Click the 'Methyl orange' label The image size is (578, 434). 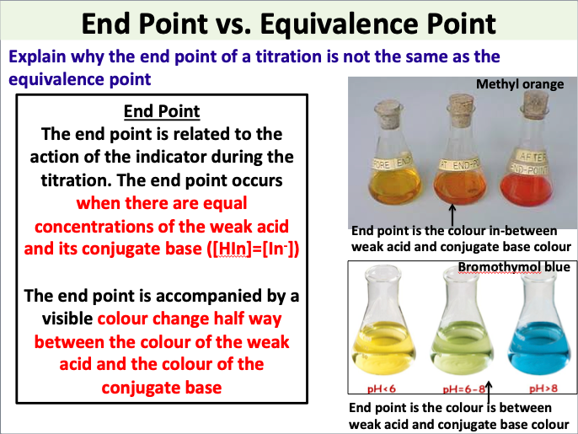click(x=520, y=84)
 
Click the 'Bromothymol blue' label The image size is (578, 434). click(x=513, y=267)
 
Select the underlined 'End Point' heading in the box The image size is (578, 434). click(x=161, y=111)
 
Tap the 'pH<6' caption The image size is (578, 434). click(x=386, y=389)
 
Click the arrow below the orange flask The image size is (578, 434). click(x=453, y=212)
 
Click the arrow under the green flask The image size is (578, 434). click(x=489, y=389)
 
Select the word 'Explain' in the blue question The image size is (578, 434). click(x=36, y=58)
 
